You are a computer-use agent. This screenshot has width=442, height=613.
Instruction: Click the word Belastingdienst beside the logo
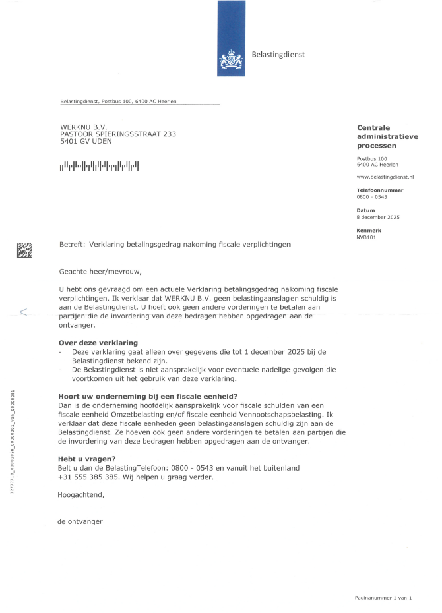click(278, 55)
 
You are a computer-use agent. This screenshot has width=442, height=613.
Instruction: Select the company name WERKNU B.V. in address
click(83, 126)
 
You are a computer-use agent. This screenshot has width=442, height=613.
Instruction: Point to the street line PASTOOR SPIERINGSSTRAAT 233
click(117, 134)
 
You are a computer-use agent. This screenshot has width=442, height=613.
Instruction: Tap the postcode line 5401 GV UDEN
click(86, 142)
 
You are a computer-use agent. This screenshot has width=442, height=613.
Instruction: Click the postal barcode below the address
click(99, 166)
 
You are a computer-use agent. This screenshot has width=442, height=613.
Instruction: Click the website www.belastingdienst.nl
click(385, 177)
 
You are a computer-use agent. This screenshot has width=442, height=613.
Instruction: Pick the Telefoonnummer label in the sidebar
click(379, 190)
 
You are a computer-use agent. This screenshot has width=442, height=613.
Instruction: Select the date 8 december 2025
click(378, 217)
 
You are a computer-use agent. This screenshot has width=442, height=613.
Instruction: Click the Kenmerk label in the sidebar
click(368, 230)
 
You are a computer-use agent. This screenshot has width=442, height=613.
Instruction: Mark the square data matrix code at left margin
click(24, 250)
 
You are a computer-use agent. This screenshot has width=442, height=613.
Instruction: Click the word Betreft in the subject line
click(72, 244)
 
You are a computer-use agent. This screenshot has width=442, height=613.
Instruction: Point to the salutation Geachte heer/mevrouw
click(100, 270)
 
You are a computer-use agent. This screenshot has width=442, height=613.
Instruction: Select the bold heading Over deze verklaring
click(98, 343)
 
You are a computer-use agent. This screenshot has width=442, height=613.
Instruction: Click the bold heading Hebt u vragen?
click(87, 458)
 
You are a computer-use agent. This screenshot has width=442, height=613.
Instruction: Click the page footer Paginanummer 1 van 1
click(383, 597)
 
